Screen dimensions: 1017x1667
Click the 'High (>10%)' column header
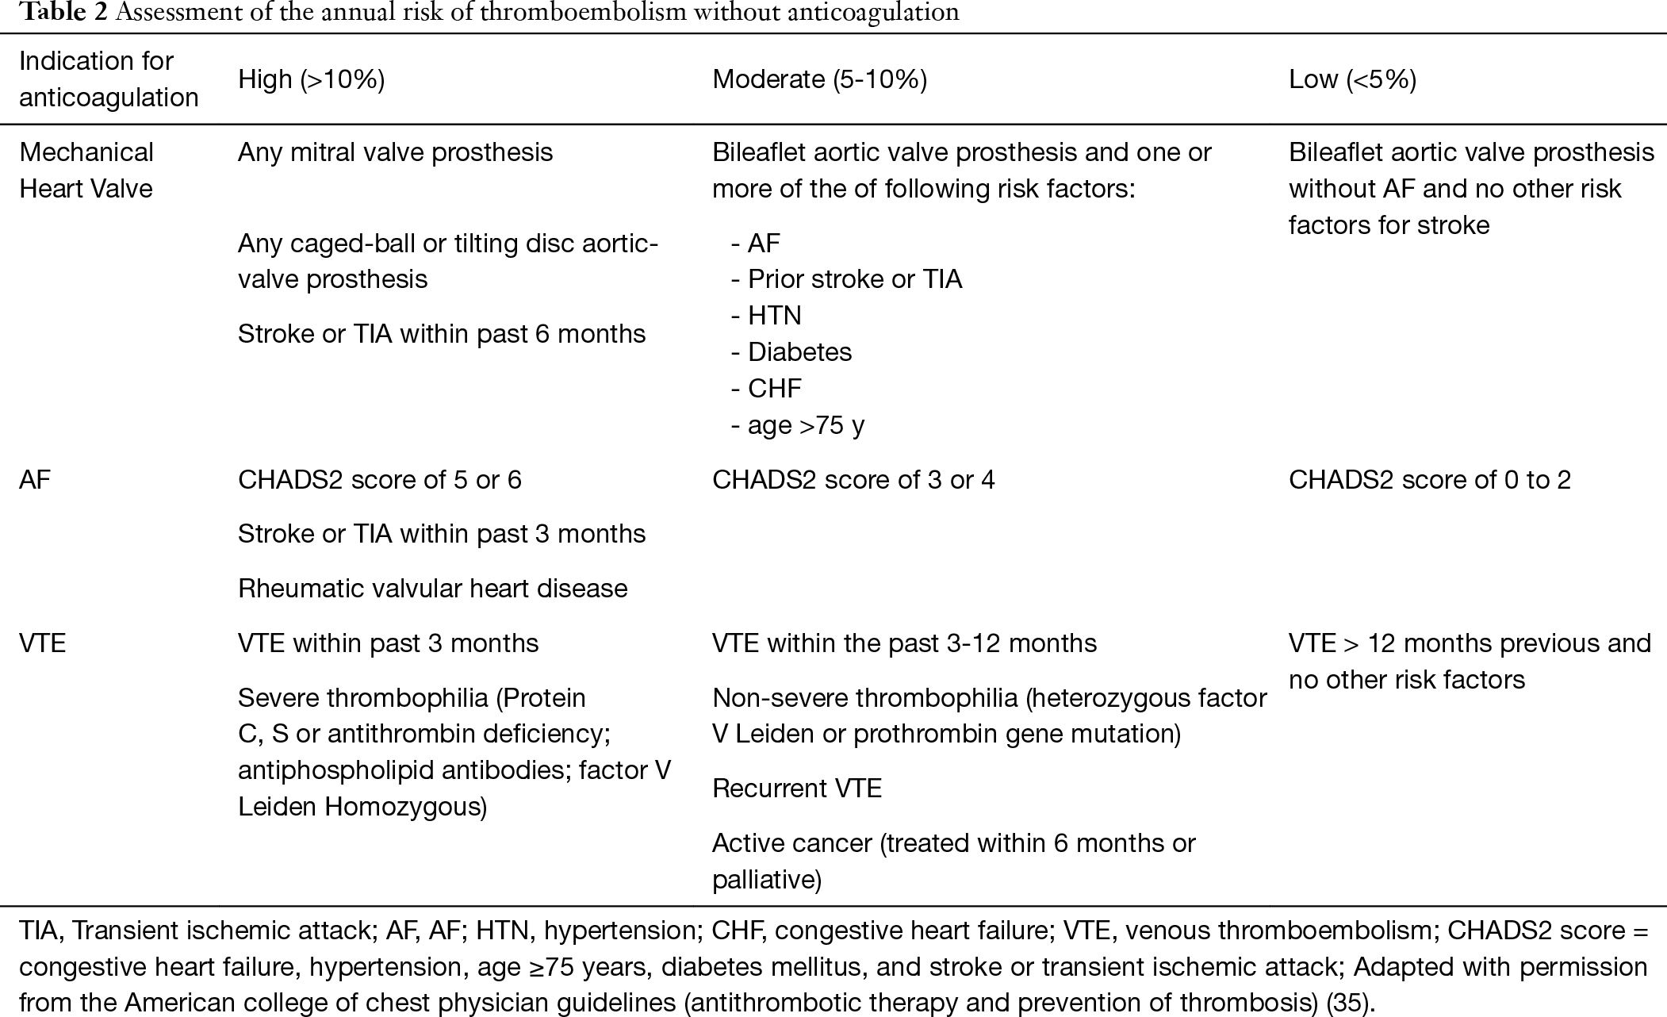[x=311, y=79]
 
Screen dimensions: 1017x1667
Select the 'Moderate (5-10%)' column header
[x=819, y=79]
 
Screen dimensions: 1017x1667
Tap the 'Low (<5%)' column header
[x=1352, y=79]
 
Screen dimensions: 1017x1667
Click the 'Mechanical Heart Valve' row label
[x=86, y=170]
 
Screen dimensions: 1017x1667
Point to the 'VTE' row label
[x=42, y=643]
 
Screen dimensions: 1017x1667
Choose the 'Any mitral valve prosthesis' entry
[x=395, y=152]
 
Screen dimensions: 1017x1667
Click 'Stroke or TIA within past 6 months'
[x=442, y=334]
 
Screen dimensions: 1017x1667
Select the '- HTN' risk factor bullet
[x=766, y=316]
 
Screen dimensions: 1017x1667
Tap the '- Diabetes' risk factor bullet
[x=791, y=352]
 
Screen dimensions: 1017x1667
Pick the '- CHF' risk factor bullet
[x=766, y=389]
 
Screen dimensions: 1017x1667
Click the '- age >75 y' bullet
[x=797, y=426]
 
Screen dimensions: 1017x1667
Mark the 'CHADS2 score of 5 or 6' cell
[x=380, y=480]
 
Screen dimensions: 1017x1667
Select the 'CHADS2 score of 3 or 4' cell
[x=853, y=480]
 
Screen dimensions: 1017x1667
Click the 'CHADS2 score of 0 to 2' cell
[x=1429, y=480]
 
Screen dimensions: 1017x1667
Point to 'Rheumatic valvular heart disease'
[x=432, y=589]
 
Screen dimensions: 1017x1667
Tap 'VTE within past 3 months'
[x=388, y=643]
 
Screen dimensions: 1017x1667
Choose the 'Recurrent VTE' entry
[x=797, y=789]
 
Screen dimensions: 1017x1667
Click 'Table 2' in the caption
[x=59, y=12]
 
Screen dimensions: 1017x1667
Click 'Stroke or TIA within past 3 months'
[x=442, y=534]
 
